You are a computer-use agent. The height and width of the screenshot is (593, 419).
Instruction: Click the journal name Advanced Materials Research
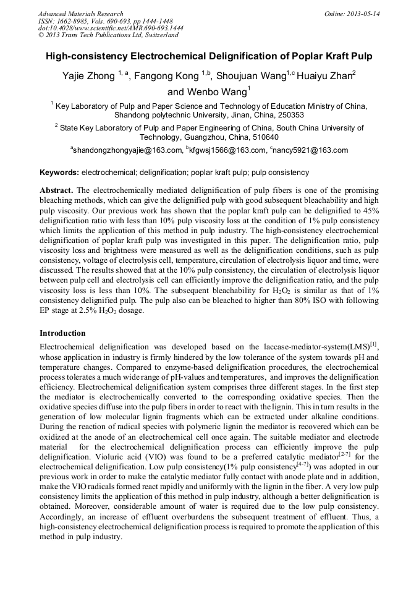click(x=80, y=14)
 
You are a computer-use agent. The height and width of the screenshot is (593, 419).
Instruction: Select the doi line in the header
click(x=111, y=28)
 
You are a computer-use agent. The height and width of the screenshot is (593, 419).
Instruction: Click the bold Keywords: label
click(x=59, y=172)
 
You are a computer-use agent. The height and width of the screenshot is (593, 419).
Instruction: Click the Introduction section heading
click(x=62, y=333)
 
